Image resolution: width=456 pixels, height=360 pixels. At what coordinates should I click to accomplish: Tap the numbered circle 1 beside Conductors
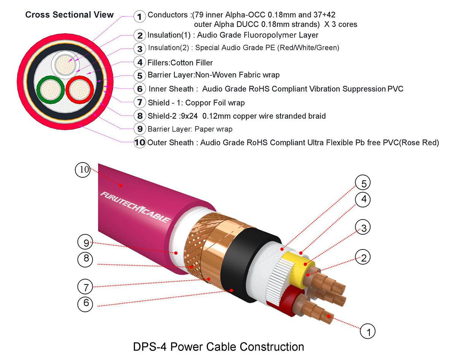pyautogui.click(x=140, y=16)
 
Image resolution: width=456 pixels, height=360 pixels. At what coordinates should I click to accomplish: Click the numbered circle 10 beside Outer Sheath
pyautogui.click(x=140, y=143)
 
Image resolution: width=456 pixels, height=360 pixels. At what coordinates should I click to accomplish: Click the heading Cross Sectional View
pyautogui.click(x=69, y=15)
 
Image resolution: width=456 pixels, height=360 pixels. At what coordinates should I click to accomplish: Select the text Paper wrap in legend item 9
pyautogui.click(x=214, y=129)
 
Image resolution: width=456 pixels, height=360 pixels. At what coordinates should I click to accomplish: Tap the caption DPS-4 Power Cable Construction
pyautogui.click(x=218, y=347)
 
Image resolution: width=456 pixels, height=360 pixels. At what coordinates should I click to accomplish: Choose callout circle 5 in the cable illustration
pyautogui.click(x=363, y=184)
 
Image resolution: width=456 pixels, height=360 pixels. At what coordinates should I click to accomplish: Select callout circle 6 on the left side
pyautogui.click(x=85, y=303)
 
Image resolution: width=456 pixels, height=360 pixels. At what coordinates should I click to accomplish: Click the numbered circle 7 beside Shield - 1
pyautogui.click(x=140, y=103)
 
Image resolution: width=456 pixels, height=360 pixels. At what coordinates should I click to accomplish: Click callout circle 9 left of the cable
pyautogui.click(x=85, y=242)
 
